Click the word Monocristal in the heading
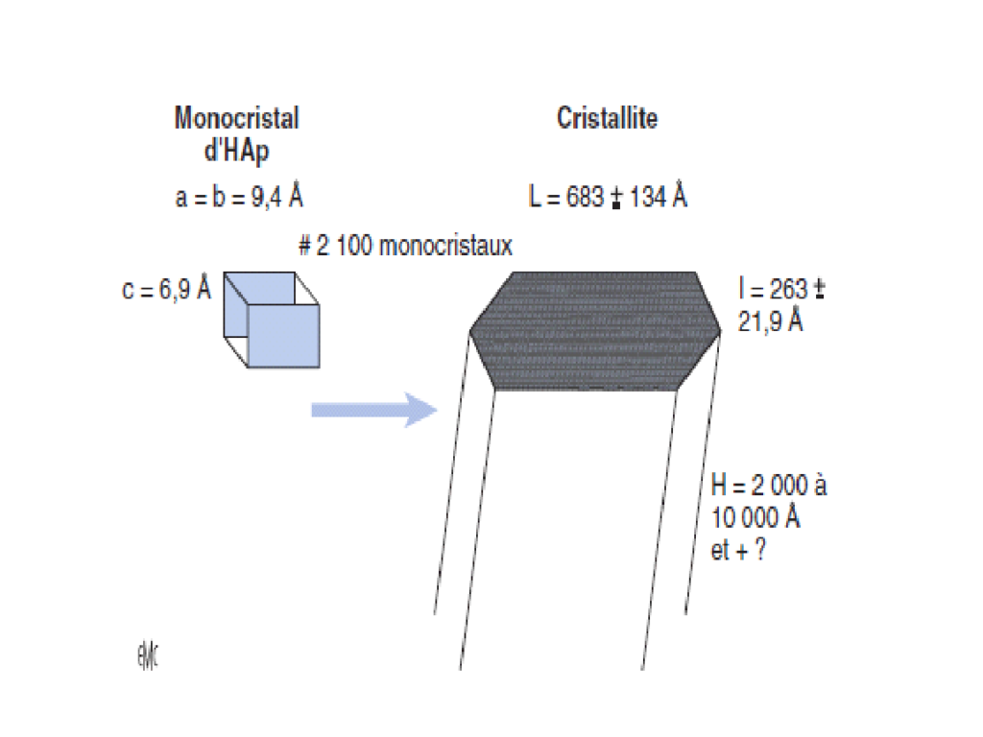[237, 118]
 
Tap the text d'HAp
[236, 151]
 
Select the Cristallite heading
[607, 118]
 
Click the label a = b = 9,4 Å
[239, 197]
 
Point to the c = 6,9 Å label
[166, 289]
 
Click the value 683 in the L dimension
[585, 197]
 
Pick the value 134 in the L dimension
[648, 197]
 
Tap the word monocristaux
[445, 245]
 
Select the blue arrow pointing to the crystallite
[374, 411]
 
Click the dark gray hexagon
[595, 331]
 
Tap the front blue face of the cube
[283, 336]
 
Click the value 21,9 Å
[770, 321]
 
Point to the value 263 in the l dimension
[788, 289]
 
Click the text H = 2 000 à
[769, 485]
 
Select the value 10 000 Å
[755, 517]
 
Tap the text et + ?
[738, 550]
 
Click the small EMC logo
[148, 656]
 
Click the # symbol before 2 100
[304, 246]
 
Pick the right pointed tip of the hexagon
[720, 331]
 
